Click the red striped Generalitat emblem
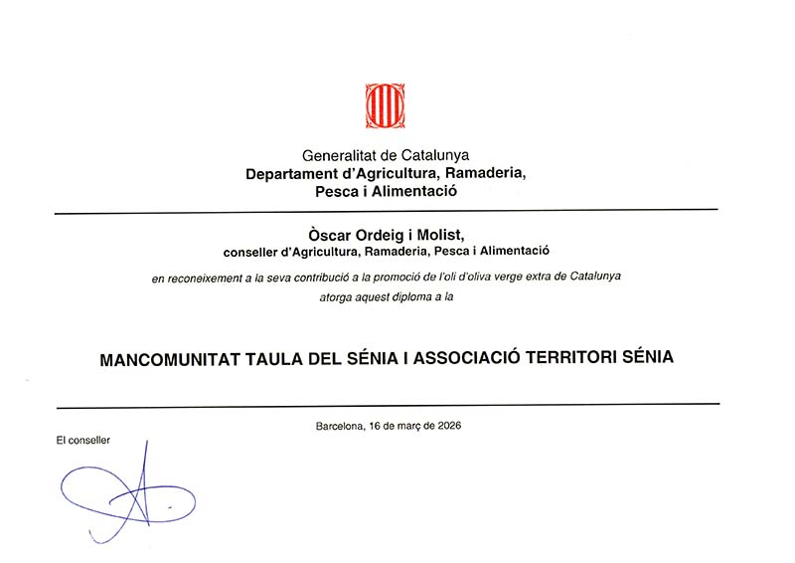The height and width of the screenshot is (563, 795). coord(385,105)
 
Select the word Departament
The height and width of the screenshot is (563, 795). coord(291,173)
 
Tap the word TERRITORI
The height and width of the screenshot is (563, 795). coord(573,357)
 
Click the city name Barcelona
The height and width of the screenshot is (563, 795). coord(340,426)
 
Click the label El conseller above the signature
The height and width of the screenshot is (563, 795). coord(83,439)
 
